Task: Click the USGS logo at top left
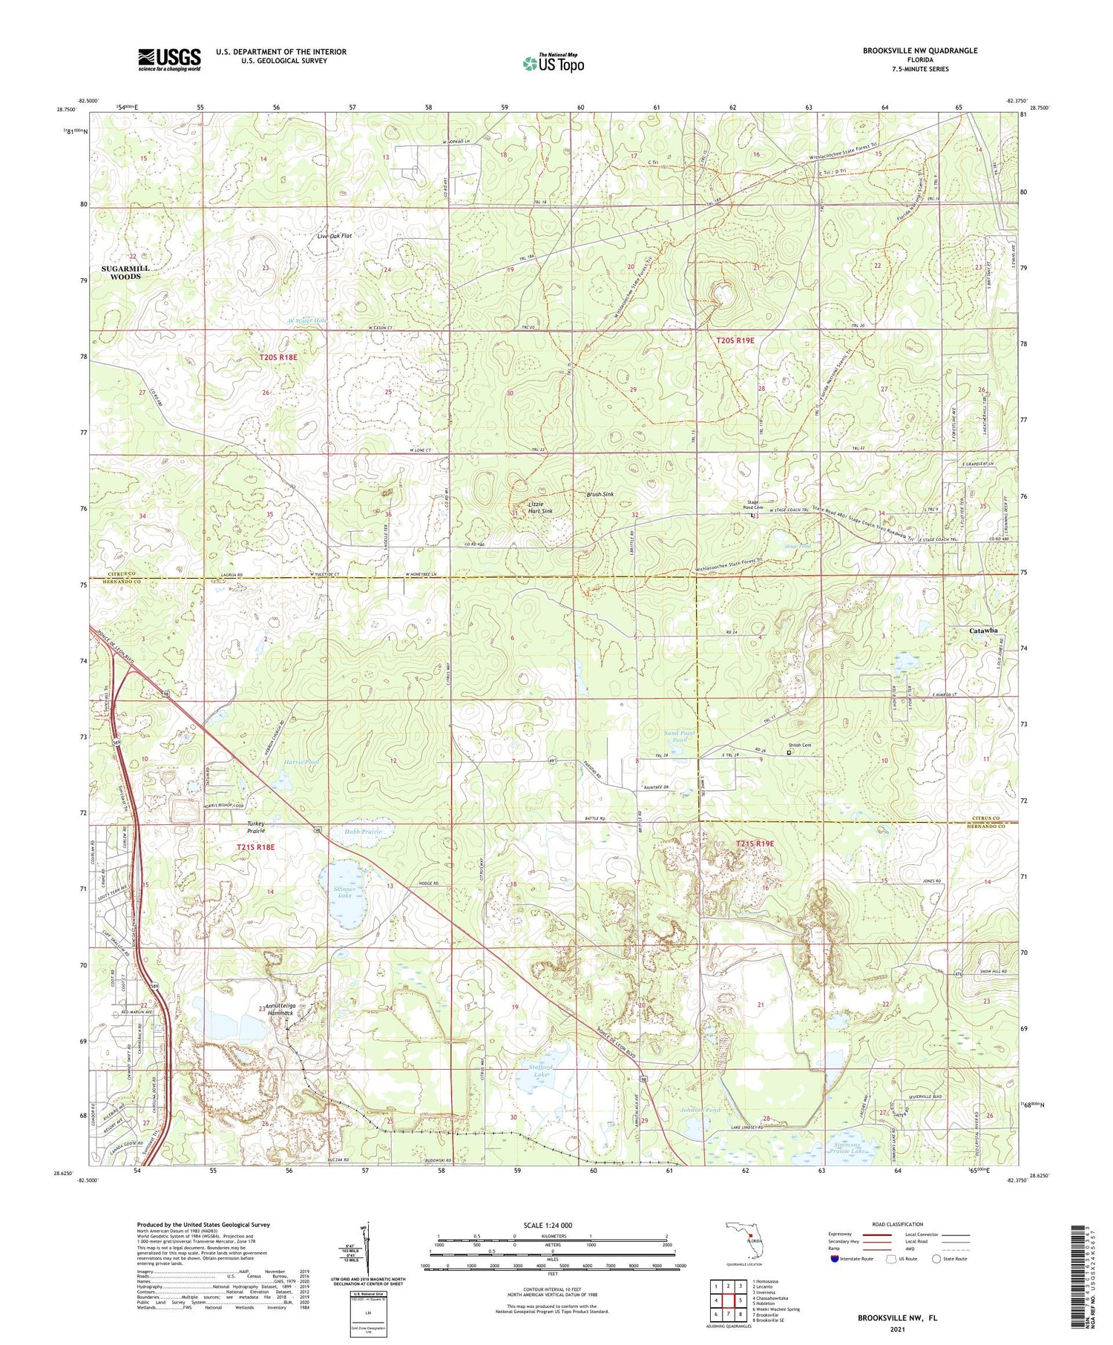169,59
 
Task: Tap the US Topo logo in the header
553,63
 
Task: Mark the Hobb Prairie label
364,832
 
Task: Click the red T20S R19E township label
735,341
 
